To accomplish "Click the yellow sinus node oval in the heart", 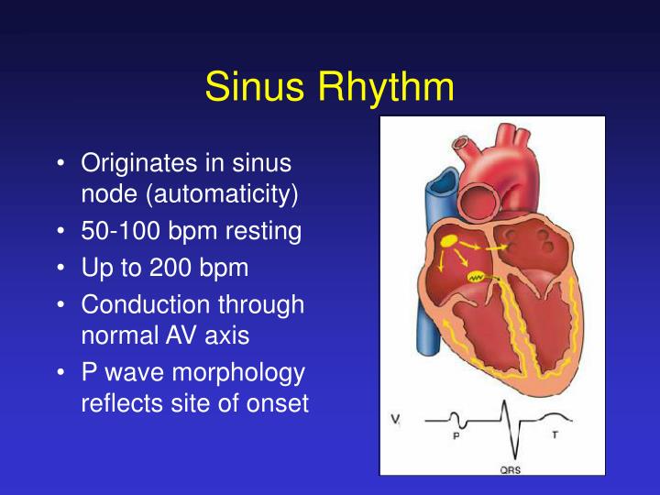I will coord(449,240).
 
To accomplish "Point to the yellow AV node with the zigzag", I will coord(477,275).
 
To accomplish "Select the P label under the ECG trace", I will coord(456,435).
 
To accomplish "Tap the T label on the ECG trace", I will coord(555,434).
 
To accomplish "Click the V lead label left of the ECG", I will coord(395,421).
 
